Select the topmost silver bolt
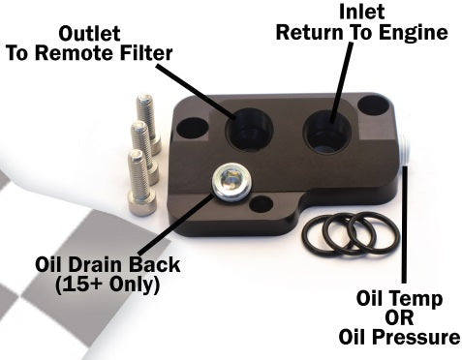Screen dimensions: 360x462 tap(147, 111)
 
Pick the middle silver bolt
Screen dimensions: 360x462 tap(141, 139)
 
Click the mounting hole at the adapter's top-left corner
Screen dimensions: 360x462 tap(191, 127)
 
